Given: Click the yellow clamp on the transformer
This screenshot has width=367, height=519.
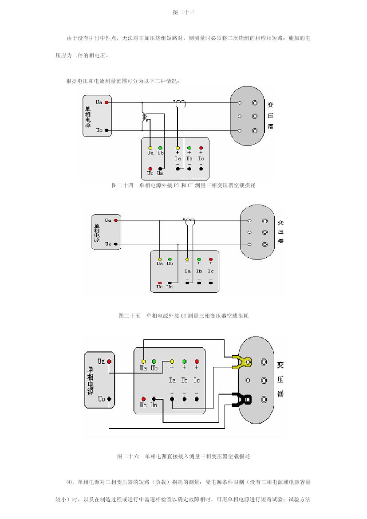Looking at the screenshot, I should tap(241, 362).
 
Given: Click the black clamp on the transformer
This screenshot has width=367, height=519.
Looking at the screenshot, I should tap(242, 399).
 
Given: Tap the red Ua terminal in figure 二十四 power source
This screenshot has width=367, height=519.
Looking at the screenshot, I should tap(107, 102).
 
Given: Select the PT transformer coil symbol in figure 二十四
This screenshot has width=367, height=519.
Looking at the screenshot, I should tap(145, 117).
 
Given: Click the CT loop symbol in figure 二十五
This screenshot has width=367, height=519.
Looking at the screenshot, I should tap(190, 221).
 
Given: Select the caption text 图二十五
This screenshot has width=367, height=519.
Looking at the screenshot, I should tap(129, 316).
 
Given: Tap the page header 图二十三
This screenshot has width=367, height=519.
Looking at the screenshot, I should tap(183, 12).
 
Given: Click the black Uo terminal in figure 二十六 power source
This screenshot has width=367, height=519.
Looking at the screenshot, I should tap(109, 399).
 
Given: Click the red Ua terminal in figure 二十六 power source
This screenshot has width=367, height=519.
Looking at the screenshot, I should tap(109, 362).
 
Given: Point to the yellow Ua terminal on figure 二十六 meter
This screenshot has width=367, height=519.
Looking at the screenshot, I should tap(143, 362).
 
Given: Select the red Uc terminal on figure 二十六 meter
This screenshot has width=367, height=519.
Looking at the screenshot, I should tap(143, 399).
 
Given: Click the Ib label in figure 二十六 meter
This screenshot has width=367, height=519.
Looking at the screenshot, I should tap(184, 380).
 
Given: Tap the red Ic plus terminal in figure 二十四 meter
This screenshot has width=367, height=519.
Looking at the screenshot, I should tap(201, 148).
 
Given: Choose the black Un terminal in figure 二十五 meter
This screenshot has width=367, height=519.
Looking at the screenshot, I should tap(170, 283).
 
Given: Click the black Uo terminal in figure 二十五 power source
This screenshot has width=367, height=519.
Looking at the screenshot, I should tap(115, 244).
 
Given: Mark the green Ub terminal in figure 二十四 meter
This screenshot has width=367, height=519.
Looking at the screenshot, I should tap(160, 148).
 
